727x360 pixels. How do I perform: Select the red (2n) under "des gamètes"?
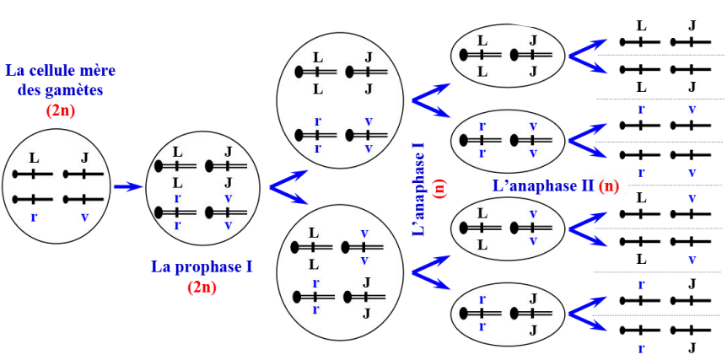pyautogui.click(x=61, y=109)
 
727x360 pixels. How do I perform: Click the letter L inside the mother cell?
pyautogui.click(x=34, y=158)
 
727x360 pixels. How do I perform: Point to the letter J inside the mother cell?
pyautogui.click(x=84, y=158)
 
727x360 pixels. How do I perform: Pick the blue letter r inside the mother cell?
pyautogui.click(x=34, y=216)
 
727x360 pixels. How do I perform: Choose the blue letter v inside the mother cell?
pyautogui.click(x=84, y=216)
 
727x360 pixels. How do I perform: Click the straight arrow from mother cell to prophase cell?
pyautogui.click(x=127, y=186)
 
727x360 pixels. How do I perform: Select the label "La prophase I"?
pyautogui.click(x=202, y=267)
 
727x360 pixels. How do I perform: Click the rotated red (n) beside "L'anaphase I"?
pyautogui.click(x=440, y=189)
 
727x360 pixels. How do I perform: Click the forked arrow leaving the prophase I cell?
pyautogui.click(x=287, y=188)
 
